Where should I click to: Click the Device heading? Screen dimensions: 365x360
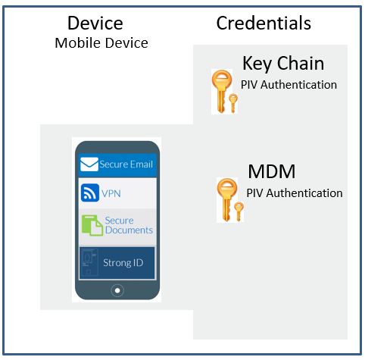(x=95, y=23)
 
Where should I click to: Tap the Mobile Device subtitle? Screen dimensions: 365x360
(x=101, y=42)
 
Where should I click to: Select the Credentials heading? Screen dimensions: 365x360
(x=264, y=23)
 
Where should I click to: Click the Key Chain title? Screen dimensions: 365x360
(x=283, y=64)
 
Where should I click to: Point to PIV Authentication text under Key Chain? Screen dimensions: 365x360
(x=289, y=85)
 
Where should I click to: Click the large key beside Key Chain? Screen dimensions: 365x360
(x=221, y=91)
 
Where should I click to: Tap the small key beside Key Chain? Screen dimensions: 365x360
(x=233, y=103)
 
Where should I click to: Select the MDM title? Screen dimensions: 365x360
(x=272, y=171)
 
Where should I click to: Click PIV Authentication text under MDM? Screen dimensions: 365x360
(x=295, y=193)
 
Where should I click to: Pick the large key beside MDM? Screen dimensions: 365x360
(x=226, y=200)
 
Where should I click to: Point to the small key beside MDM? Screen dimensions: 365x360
(x=239, y=211)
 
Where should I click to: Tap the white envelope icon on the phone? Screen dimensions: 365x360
(x=89, y=164)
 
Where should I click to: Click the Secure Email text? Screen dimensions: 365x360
(x=126, y=164)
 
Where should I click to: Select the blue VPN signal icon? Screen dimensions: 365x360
(x=90, y=193)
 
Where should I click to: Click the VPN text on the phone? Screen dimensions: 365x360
(x=111, y=193)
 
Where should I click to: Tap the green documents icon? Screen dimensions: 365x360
(x=92, y=225)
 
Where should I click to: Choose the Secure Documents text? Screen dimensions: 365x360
(x=129, y=225)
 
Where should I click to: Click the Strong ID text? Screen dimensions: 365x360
(x=123, y=263)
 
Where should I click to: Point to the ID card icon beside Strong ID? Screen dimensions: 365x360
(x=89, y=262)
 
